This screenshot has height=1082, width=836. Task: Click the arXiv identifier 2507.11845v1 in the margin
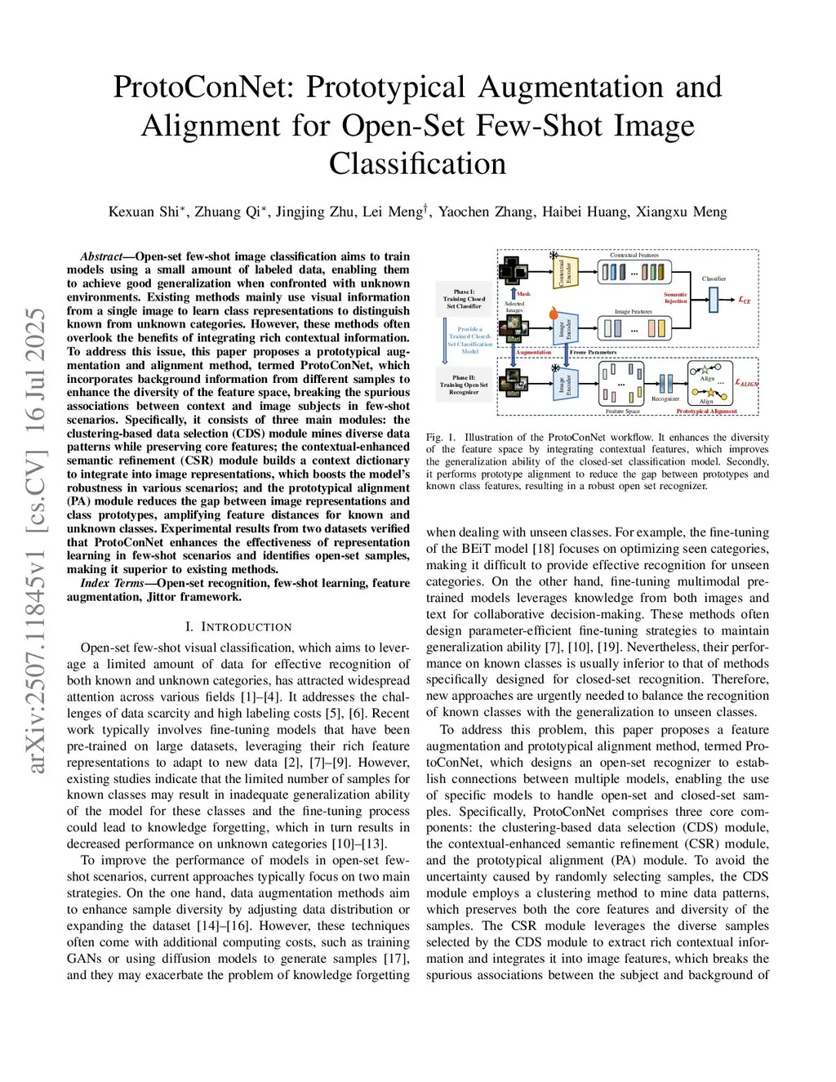36,621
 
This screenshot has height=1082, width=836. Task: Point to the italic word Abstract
100,256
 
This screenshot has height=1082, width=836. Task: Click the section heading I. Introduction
238,627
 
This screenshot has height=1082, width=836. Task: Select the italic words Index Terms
112,583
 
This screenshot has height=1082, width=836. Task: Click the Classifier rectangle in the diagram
714,300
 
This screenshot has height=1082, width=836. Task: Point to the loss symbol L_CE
745,301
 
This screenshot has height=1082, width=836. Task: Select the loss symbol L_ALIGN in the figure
746,383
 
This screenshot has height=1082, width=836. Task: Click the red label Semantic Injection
675,298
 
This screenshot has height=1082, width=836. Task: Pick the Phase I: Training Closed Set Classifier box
464,299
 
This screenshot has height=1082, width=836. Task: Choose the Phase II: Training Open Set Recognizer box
464,385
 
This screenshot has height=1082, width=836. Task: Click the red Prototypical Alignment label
706,412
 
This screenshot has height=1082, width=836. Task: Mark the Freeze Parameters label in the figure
593,353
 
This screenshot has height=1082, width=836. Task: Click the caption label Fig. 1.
441,438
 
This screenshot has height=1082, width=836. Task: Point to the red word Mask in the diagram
523,294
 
